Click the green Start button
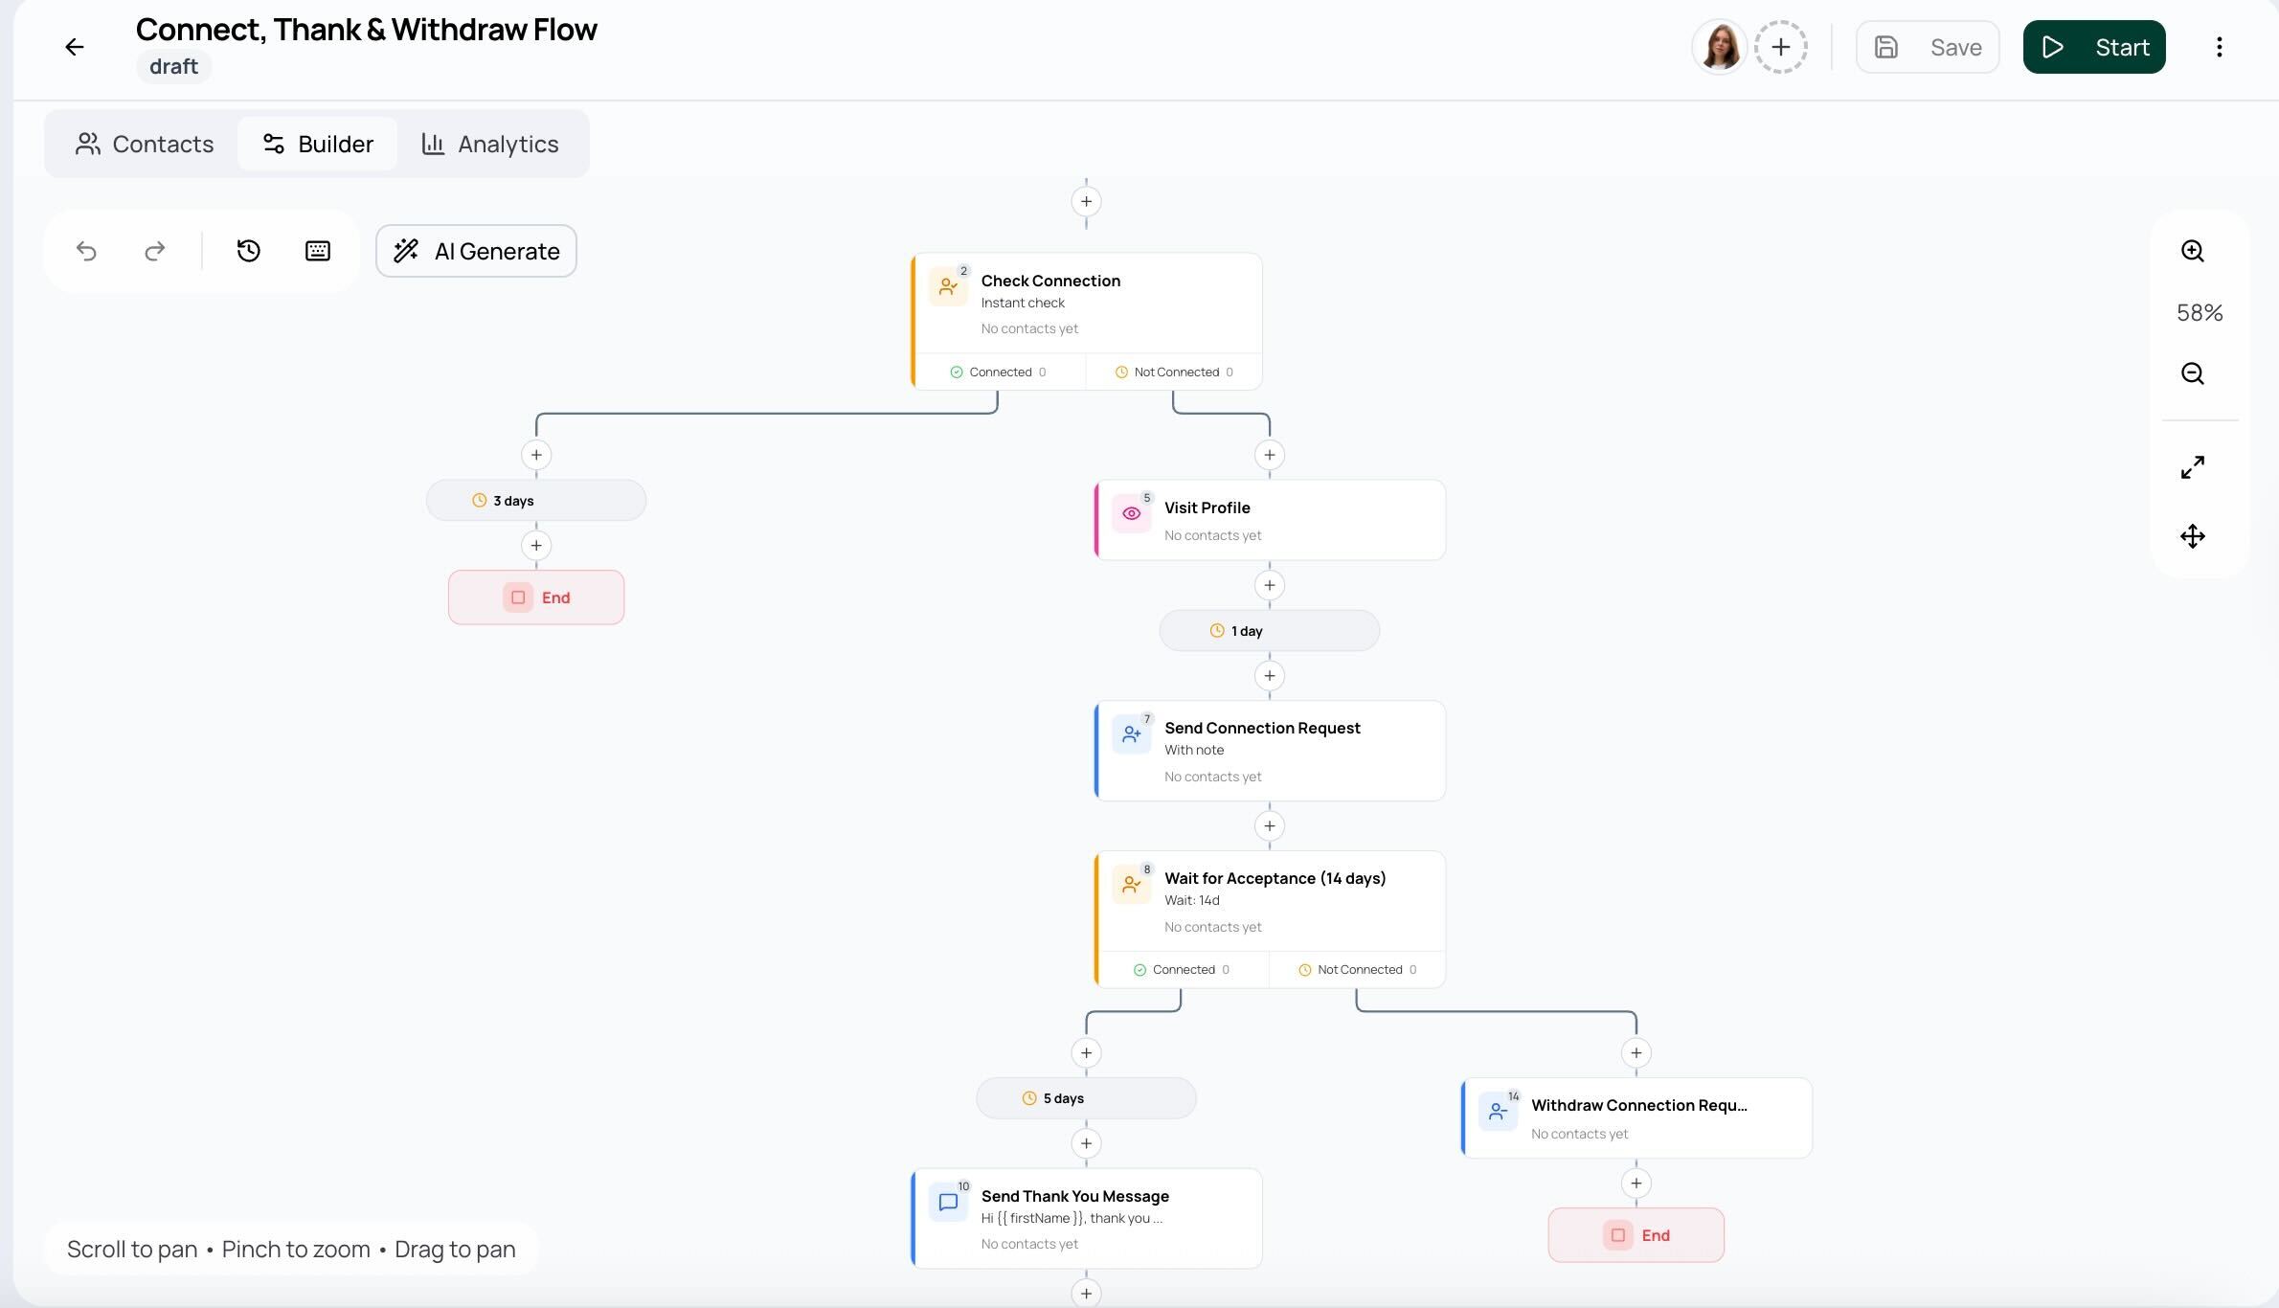tap(2093, 47)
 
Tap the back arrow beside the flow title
tap(74, 47)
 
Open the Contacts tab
tap(144, 144)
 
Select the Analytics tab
tap(489, 144)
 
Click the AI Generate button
tap(476, 251)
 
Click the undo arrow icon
tap(86, 251)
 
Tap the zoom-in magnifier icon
tap(2192, 251)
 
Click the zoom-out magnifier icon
tap(2192, 373)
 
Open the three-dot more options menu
tap(2219, 47)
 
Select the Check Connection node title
tap(1050, 281)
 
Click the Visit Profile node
tap(1270, 520)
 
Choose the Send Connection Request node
tap(1270, 751)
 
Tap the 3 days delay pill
tap(536, 500)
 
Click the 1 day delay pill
tap(1270, 630)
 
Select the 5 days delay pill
tap(1086, 1097)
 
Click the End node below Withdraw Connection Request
tap(1636, 1235)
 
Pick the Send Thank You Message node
tap(1086, 1218)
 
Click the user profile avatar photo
tap(1720, 47)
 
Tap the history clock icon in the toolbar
tap(248, 251)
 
